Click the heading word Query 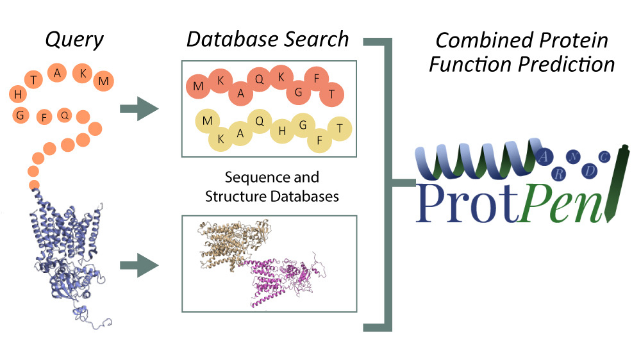coord(74,40)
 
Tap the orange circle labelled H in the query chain coord(18,94)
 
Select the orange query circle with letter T coord(34,79)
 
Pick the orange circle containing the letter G coord(21,115)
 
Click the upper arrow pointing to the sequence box coord(139,109)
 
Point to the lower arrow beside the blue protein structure coord(139,265)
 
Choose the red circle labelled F coord(317,78)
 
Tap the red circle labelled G coord(299,92)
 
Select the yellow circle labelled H coord(282,131)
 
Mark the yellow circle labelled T coord(340,128)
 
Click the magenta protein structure coord(286,278)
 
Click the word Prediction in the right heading coord(567,65)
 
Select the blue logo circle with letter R coord(558,174)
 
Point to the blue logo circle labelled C coord(604,157)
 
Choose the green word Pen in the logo coord(562,203)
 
